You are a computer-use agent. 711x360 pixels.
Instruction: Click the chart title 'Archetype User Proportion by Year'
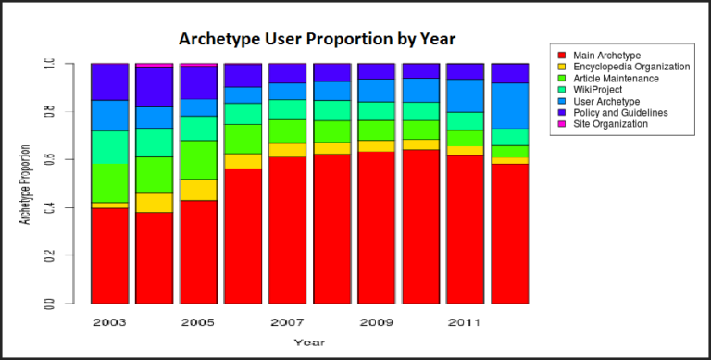[318, 39]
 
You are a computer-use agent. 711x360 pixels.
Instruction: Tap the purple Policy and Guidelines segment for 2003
[109, 81]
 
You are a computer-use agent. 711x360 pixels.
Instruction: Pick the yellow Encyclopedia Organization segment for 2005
[198, 189]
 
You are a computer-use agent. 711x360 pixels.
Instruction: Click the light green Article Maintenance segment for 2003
[109, 182]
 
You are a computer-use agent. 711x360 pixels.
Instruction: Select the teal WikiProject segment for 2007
[287, 109]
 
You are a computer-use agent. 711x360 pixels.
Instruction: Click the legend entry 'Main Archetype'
[606, 55]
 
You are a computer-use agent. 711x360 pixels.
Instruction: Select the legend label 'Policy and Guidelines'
[621, 112]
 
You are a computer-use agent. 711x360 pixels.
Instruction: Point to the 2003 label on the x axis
[109, 323]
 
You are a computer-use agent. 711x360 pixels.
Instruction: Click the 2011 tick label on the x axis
[465, 323]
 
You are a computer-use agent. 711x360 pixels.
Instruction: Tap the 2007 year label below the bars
[287, 323]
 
